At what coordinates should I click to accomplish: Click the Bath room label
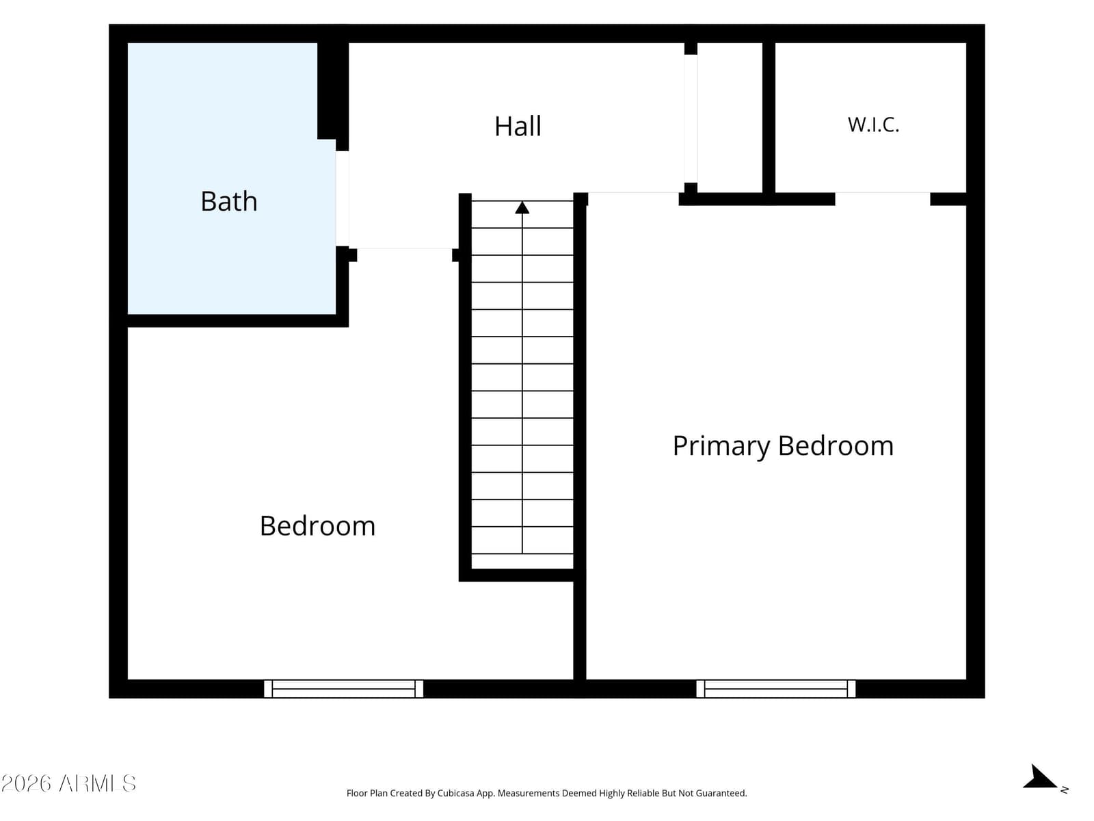(229, 201)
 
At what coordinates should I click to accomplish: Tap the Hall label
(518, 126)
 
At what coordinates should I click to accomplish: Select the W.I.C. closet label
(873, 125)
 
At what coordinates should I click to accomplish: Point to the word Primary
(721, 446)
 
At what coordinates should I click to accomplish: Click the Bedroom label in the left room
(317, 526)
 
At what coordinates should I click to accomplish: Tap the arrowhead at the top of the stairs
(522, 207)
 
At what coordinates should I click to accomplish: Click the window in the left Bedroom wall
(343, 688)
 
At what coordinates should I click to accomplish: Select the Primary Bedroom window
(776, 688)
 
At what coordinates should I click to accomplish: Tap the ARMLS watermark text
(68, 783)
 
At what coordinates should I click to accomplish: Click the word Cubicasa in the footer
(455, 793)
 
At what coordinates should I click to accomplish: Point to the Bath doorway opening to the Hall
(342, 198)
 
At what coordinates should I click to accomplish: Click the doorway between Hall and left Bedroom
(404, 248)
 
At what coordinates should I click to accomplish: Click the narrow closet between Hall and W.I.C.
(730, 118)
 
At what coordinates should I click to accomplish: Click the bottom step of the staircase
(522, 561)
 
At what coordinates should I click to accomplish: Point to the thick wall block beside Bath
(332, 90)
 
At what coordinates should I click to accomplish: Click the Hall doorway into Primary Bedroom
(633, 193)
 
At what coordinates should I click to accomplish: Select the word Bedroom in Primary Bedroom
(836, 446)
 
